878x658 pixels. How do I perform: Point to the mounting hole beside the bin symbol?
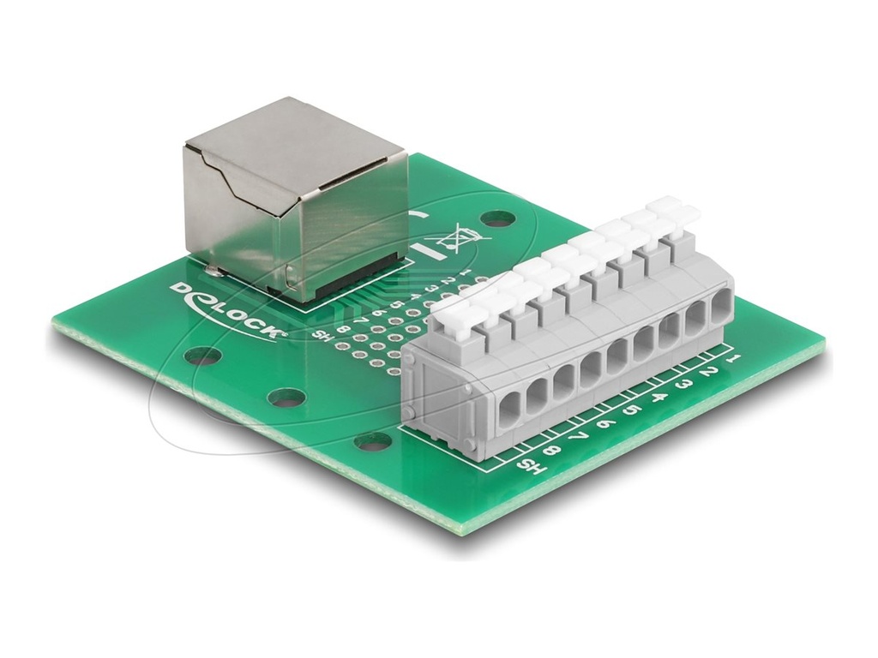(x=496, y=220)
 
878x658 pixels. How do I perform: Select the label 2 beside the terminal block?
(x=708, y=372)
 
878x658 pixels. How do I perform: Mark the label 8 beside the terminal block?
(x=553, y=452)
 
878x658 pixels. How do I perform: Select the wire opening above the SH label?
(x=508, y=406)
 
